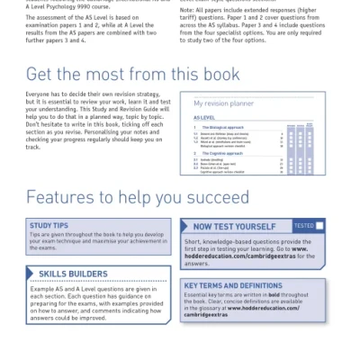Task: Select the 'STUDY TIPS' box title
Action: coord(49,225)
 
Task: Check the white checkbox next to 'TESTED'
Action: coord(319,226)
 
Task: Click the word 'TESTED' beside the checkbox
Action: coord(304,226)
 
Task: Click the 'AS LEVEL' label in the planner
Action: coord(204,118)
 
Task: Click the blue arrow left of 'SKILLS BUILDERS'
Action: coord(31,274)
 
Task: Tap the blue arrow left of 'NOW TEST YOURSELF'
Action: coord(186,227)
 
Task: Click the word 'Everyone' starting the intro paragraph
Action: coord(40,94)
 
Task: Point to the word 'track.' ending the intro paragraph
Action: coord(35,144)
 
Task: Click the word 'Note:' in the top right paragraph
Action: coord(189,11)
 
